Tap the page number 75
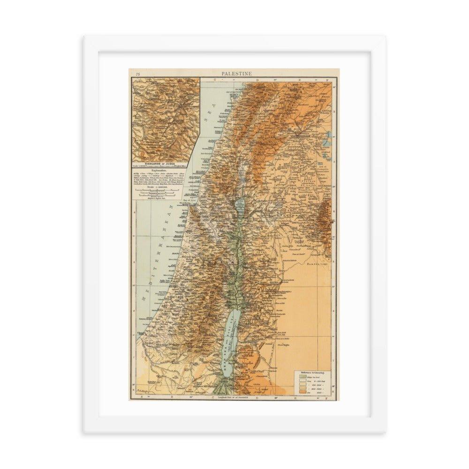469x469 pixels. point(138,74)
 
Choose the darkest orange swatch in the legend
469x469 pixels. point(296,392)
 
